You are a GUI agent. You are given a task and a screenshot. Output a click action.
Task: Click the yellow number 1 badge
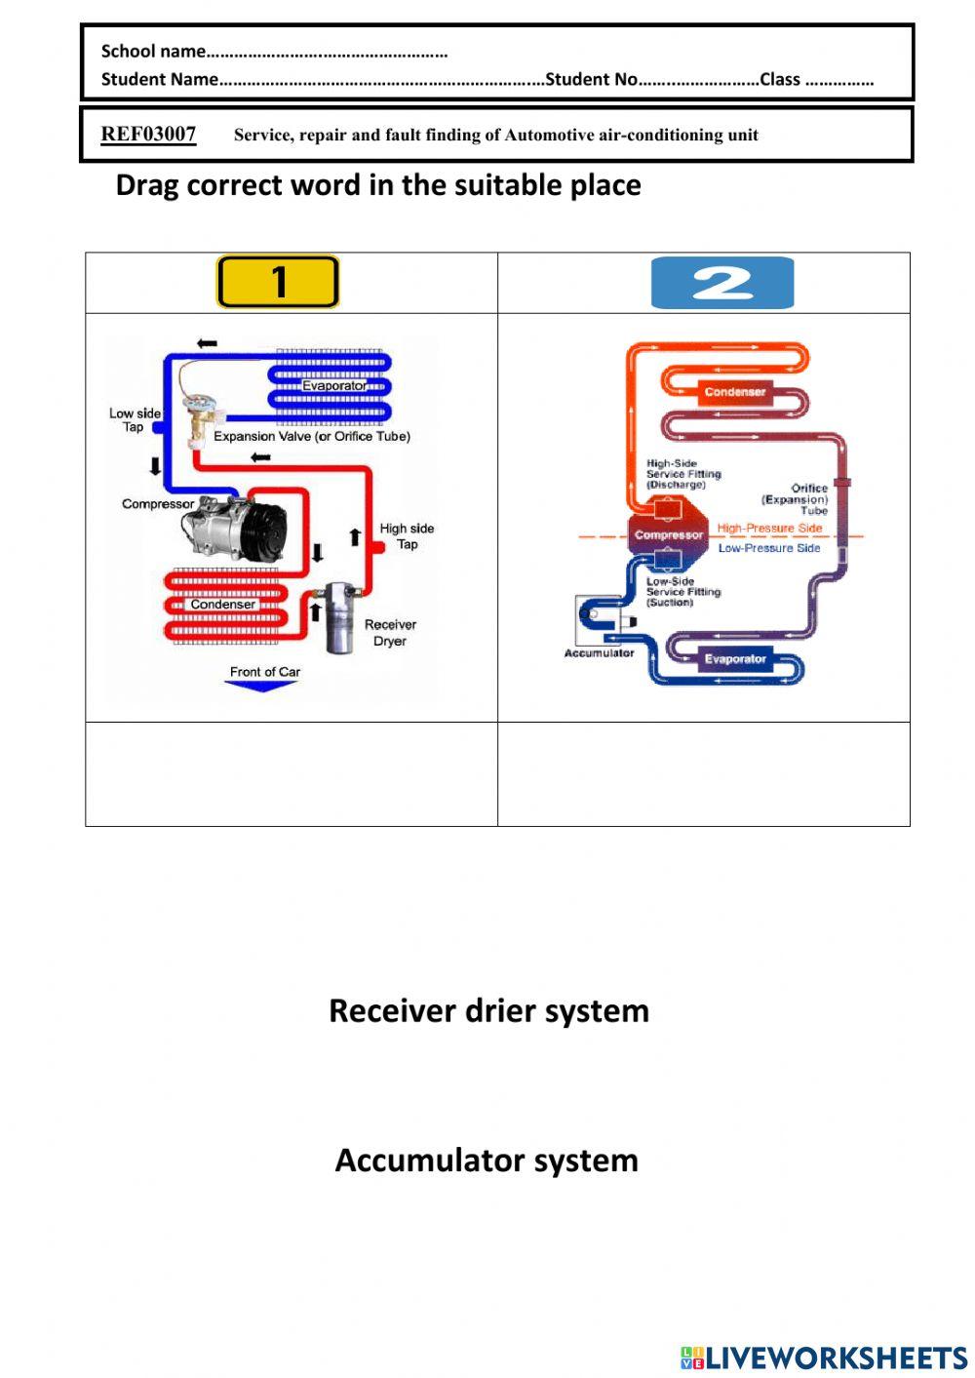coord(278,282)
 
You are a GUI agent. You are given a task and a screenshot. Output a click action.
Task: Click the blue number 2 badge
coord(722,283)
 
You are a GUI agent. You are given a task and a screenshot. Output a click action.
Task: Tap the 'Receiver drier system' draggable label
coord(488,1010)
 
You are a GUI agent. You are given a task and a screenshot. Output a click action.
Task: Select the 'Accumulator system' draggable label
coord(487,1161)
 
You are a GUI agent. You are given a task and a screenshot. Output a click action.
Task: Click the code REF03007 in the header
coord(148,135)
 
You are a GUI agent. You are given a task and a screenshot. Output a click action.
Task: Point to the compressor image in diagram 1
coord(236,528)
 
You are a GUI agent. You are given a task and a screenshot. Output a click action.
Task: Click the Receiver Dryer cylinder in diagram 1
coord(339,616)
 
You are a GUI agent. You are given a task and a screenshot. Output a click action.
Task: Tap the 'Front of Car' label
coord(264,671)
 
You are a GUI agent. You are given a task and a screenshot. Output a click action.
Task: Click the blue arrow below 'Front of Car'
coord(260,687)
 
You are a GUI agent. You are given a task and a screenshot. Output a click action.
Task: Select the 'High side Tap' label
coord(407,536)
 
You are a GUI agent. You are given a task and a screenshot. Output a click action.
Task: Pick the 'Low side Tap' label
coord(135,419)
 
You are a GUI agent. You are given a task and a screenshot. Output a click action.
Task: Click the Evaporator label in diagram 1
coord(334,385)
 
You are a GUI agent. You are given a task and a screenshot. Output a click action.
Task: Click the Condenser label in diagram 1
coord(222,604)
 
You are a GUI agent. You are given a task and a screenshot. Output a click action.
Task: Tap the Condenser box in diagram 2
coord(735,392)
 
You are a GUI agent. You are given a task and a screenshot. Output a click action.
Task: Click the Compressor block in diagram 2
coord(668,534)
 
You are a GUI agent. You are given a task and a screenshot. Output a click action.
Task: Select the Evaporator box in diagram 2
coord(735,659)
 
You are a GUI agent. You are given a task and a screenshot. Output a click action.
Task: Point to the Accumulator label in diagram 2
coord(599,652)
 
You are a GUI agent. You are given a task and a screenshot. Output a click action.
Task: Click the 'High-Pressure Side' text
coord(769,528)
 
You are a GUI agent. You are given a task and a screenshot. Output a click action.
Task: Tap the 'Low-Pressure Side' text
coord(769,548)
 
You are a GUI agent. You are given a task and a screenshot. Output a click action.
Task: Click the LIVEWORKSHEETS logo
coord(824,1358)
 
